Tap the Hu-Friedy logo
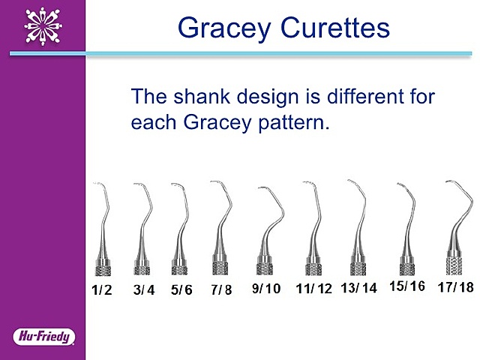click(43, 335)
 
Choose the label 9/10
click(265, 288)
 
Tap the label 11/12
click(313, 289)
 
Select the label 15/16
click(407, 286)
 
